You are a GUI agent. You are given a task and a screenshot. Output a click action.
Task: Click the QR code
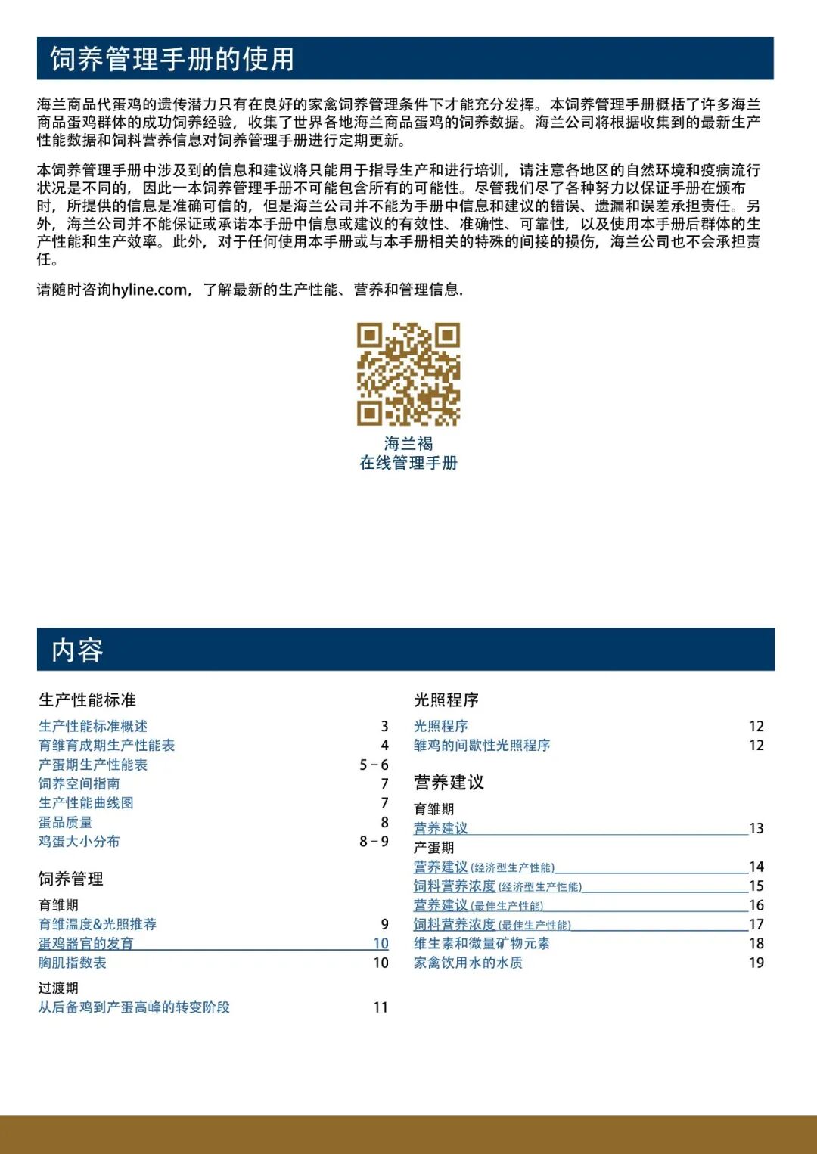(408, 374)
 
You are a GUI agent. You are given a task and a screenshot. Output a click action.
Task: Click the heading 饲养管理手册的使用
(172, 59)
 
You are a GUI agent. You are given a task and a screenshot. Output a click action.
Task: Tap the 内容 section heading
(77, 650)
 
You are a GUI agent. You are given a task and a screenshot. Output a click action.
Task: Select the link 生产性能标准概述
(93, 726)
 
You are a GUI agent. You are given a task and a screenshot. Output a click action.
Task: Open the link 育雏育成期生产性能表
(107, 745)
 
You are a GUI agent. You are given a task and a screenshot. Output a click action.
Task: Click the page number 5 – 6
(374, 765)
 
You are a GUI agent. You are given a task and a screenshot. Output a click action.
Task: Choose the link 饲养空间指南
(79, 783)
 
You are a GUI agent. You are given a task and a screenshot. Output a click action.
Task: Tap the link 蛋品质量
(66, 822)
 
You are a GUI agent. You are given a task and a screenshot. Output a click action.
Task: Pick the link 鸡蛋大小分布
(79, 841)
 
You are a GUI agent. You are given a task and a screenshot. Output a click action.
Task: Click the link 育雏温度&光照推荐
(98, 924)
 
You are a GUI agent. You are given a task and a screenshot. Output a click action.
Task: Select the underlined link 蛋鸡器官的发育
(86, 943)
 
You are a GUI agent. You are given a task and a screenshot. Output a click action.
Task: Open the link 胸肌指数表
(73, 963)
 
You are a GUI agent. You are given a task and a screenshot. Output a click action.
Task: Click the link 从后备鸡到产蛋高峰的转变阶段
(134, 1007)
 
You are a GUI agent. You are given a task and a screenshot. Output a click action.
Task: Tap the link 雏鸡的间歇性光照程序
(482, 745)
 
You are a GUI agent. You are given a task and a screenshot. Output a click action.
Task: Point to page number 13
(756, 828)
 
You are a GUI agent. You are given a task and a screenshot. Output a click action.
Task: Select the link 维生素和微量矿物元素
(482, 943)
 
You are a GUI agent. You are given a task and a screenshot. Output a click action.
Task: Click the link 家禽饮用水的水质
(468, 963)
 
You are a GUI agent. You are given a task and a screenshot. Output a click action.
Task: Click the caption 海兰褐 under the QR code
(408, 443)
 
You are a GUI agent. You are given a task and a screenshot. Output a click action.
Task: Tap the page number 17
(756, 924)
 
